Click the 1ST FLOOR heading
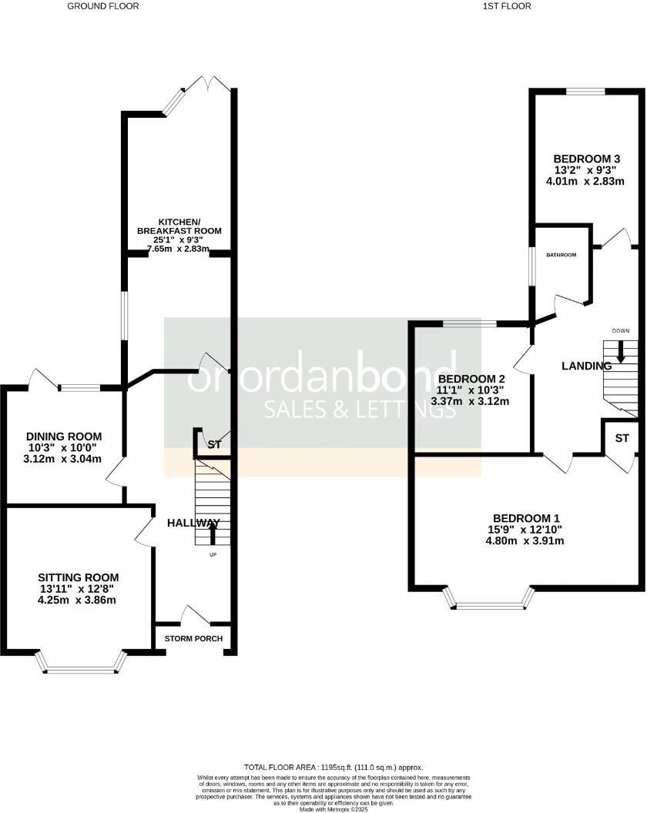(507, 6)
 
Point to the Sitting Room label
(79, 577)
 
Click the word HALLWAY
(193, 524)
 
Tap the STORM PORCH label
(193, 639)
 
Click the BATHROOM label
(562, 255)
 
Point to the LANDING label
(586, 366)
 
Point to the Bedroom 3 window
(585, 92)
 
